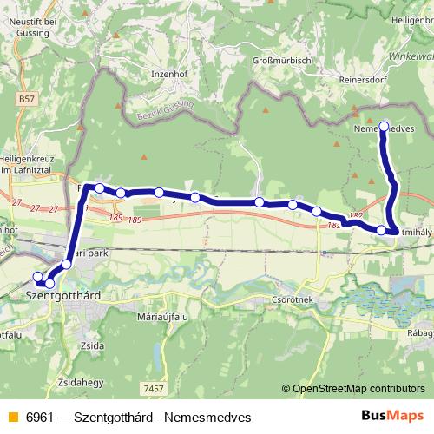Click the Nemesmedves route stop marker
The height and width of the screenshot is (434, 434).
[385, 125]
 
